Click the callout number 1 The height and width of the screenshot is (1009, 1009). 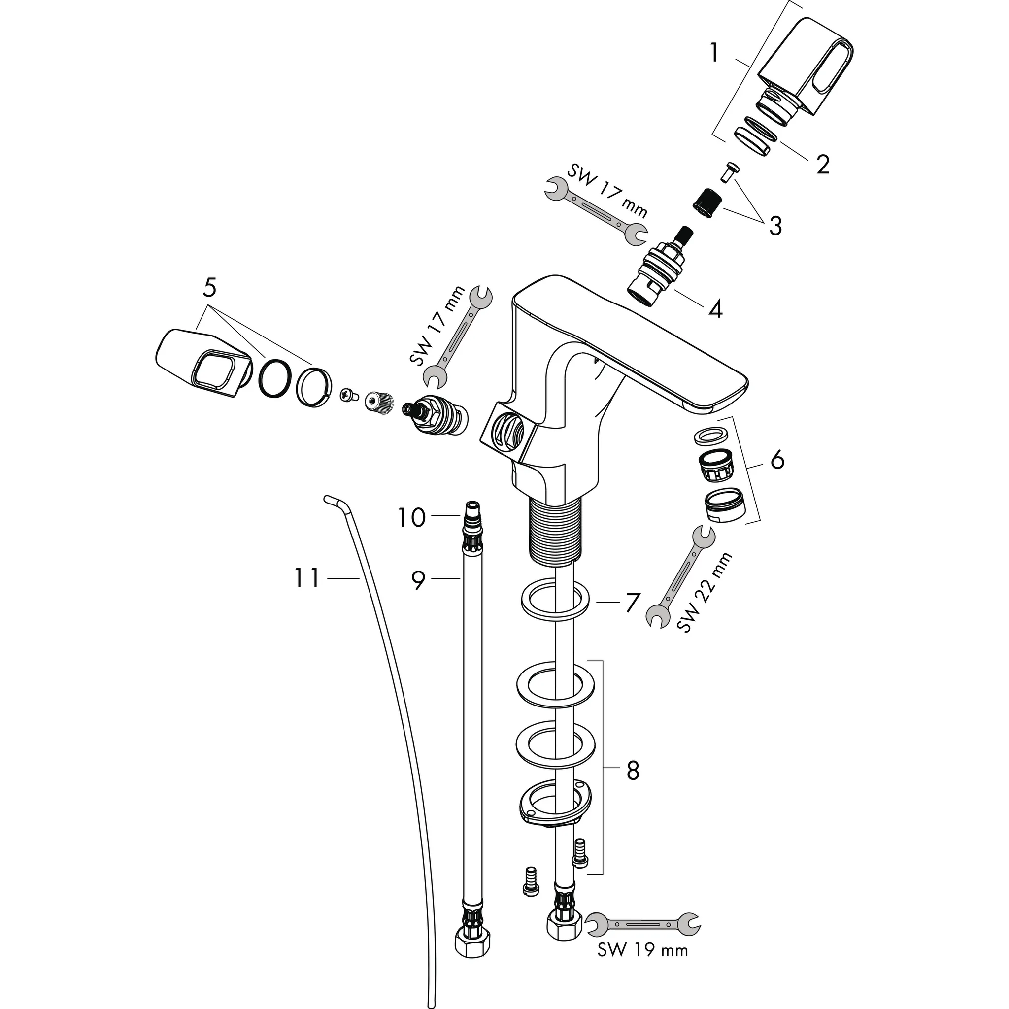click(714, 54)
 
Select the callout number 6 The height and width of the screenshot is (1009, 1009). click(777, 460)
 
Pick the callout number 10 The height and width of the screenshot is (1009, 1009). click(412, 518)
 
